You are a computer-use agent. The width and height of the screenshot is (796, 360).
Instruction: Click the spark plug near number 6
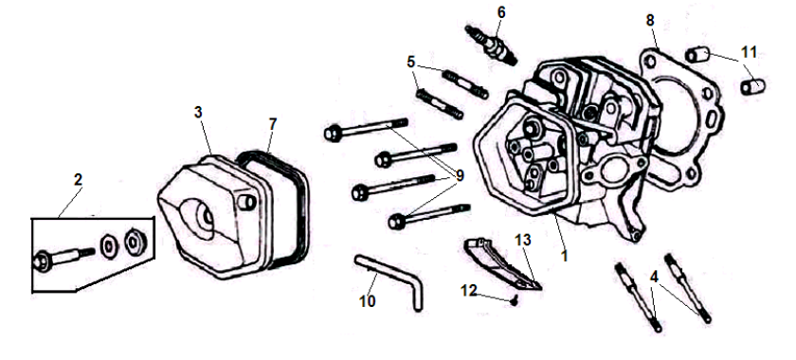point(491,45)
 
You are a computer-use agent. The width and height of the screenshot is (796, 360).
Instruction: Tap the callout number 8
point(650,20)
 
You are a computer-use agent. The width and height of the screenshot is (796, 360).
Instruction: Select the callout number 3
point(198,113)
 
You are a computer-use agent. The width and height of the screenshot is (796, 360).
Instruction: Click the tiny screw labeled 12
point(515,301)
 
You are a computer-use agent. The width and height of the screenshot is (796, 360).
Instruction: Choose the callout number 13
point(522,240)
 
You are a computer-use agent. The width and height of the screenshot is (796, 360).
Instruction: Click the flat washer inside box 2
point(109,246)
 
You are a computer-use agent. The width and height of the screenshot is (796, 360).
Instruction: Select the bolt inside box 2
point(64,257)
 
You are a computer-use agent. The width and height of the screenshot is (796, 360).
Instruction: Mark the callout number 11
point(749,52)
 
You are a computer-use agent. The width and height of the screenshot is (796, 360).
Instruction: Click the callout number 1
point(564,256)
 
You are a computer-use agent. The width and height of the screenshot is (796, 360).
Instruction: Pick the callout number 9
point(460,176)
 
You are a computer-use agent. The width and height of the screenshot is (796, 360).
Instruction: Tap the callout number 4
point(654,278)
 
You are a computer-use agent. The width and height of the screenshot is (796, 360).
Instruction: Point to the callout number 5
point(410,63)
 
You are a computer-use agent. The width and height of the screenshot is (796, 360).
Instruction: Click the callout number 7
point(273,123)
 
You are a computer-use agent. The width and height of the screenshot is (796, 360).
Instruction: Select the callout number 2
point(78,180)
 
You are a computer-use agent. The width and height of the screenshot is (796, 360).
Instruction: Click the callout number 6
point(501,12)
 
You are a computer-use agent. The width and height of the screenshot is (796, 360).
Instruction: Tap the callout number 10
point(367,301)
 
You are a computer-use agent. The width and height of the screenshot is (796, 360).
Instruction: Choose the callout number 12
point(469,291)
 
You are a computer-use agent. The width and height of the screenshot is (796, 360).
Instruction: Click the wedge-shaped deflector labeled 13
point(500,263)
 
